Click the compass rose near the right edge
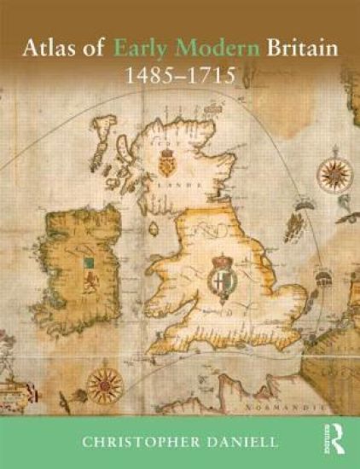pos(333,173)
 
